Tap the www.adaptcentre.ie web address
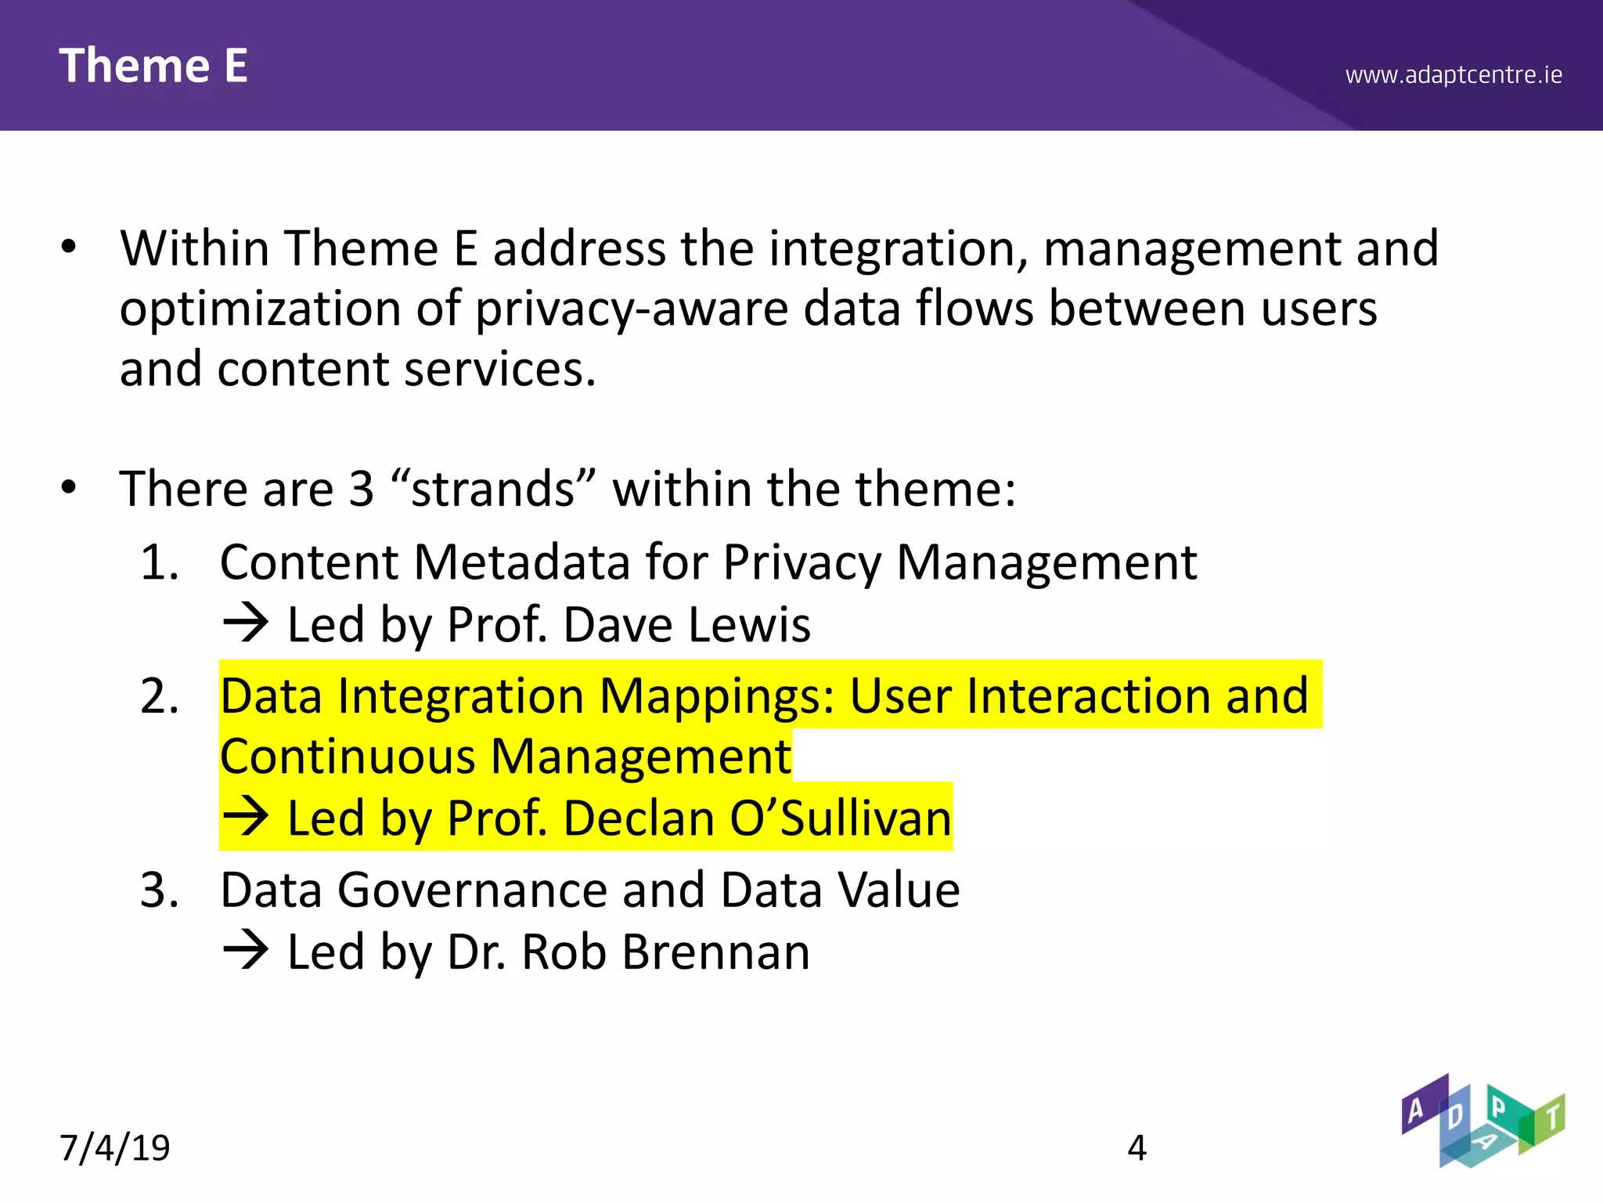coord(1454,75)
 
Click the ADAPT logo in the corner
coord(1482,1121)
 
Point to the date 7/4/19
coord(115,1148)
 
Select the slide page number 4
coord(1137,1148)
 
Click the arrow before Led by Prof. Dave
coord(246,625)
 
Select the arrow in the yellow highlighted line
coord(246,818)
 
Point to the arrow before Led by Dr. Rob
coord(246,952)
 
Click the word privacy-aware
coord(631,309)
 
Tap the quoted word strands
coord(493,489)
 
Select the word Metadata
coord(521,562)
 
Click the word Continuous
coord(348,757)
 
